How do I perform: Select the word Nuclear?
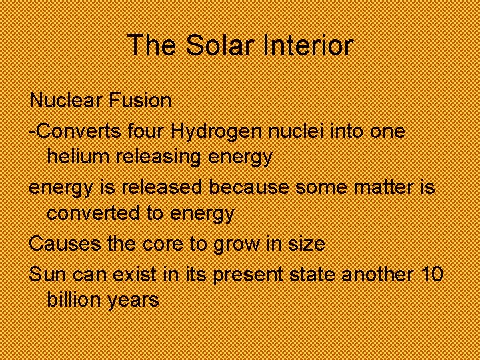63,101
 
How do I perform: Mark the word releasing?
159,158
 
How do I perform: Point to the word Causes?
65,244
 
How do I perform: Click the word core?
163,244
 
